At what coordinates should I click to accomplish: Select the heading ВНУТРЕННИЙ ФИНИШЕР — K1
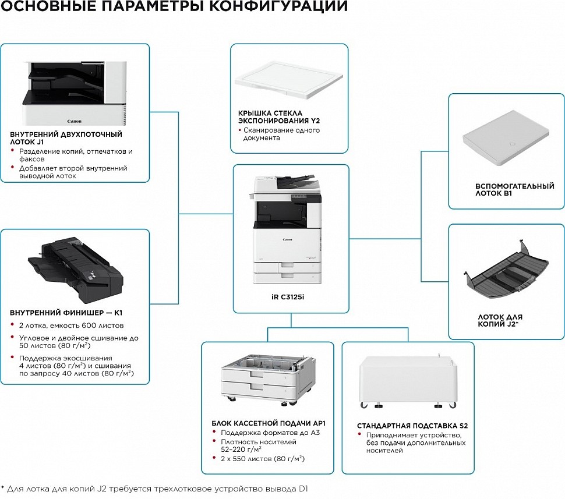pos(66,312)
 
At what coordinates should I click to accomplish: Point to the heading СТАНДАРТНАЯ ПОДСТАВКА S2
pos(412,426)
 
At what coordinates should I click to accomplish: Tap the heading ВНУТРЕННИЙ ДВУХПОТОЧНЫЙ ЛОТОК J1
pos(66,137)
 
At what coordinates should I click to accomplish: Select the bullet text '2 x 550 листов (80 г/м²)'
pos(263,459)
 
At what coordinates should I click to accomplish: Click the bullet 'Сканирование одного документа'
pos(281,134)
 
